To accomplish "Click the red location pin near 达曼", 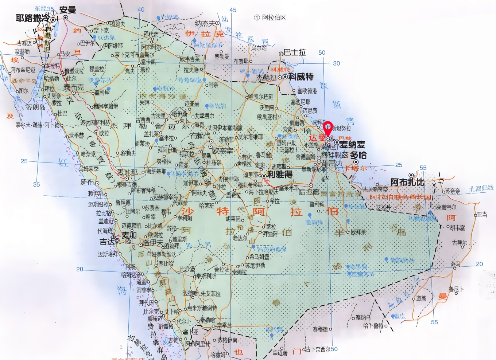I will (x=328, y=128).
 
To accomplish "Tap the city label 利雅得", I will (x=280, y=175).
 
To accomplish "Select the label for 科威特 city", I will (x=301, y=77).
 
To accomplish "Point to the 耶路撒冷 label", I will (x=32, y=18).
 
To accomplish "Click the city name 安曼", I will (x=67, y=10).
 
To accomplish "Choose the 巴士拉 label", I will (x=295, y=52).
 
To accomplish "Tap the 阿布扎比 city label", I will (x=407, y=182).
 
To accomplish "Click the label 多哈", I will (x=359, y=155).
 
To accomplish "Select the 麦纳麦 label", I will (x=352, y=145).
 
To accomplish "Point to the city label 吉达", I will (x=107, y=242).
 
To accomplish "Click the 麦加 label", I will (x=129, y=235).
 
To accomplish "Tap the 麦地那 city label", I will (x=127, y=172).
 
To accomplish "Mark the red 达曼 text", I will (x=317, y=137).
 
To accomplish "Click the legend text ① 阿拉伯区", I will (x=270, y=17).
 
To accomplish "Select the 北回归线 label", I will (x=481, y=188).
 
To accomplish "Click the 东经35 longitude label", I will (x=44, y=8).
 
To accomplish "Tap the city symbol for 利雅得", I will (x=264, y=176).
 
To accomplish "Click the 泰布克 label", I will (x=74, y=87).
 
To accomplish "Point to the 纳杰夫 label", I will (x=205, y=23).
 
